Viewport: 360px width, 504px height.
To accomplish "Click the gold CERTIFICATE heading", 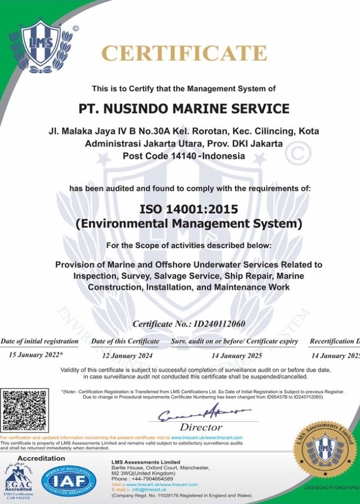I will click(x=184, y=53).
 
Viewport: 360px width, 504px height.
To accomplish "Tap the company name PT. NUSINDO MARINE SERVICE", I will click(x=184, y=109).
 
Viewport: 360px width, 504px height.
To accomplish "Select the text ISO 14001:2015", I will click(x=189, y=209).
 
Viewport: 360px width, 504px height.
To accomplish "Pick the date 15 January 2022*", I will click(x=36, y=355).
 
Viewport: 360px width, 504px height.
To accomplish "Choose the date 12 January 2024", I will click(x=127, y=355).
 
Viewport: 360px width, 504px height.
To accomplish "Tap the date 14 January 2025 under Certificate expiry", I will click(x=236, y=355).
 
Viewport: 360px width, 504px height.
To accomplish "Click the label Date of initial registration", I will click(x=39, y=341).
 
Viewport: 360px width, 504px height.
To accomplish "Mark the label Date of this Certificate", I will click(x=125, y=341).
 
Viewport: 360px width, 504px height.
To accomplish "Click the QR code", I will click(x=24, y=410).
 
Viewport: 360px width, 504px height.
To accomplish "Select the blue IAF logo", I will click(x=69, y=481).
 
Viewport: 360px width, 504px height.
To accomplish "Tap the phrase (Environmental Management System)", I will click(x=189, y=223).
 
